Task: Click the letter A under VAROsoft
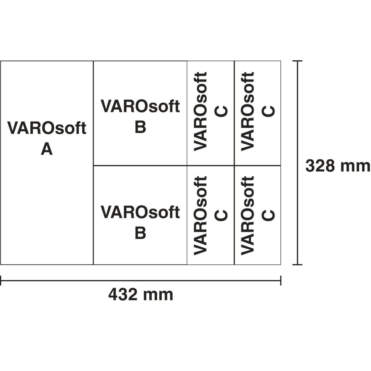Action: pos(47,150)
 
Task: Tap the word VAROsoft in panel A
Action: pos(47,128)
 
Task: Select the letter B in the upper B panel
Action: pos(140,127)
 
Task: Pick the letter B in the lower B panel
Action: pos(140,233)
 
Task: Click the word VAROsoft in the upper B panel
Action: pos(140,107)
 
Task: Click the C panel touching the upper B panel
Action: pos(211,113)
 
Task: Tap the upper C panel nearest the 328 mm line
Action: pos(258,113)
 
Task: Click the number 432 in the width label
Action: pos(123,295)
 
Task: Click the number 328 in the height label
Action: pos(320,166)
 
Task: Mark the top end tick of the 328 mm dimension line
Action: pos(297,61)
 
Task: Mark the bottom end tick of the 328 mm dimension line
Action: pos(297,265)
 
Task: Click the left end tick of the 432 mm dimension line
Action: pos(1,281)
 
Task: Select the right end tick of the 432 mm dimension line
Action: pos(280,281)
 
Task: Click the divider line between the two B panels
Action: pos(140,166)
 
